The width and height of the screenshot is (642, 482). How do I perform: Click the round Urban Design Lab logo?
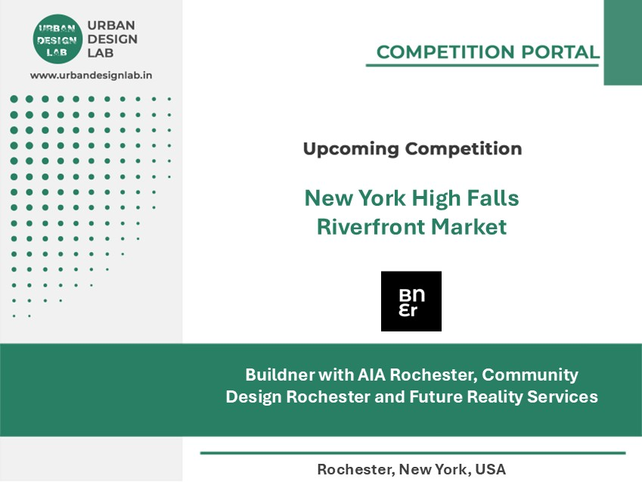click(x=57, y=39)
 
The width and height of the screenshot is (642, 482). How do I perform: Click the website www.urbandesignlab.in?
click(x=91, y=76)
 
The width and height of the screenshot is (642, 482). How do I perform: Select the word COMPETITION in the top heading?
click(x=445, y=52)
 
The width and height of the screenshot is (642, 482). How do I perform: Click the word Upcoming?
click(x=351, y=149)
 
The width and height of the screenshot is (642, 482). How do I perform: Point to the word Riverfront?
click(x=371, y=227)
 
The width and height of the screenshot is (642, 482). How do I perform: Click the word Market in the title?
click(x=469, y=227)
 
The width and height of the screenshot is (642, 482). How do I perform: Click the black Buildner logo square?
click(x=411, y=301)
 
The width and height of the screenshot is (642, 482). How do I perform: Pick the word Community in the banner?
click(x=530, y=375)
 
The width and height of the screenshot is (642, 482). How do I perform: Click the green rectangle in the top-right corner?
click(x=623, y=42)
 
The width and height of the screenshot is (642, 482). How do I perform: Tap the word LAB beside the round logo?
click(x=101, y=53)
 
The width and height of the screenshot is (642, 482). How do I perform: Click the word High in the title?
click(x=436, y=199)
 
